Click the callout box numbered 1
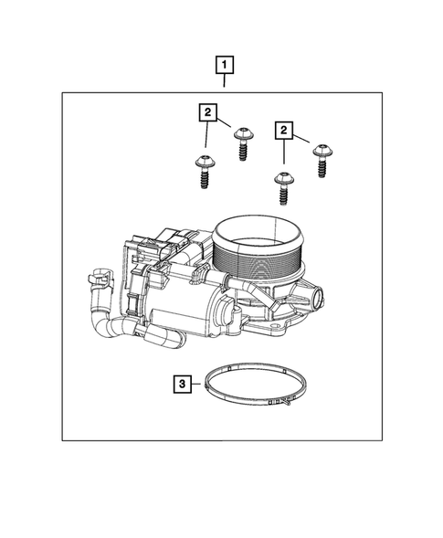(x=223, y=66)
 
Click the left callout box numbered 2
(x=209, y=112)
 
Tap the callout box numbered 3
(x=184, y=385)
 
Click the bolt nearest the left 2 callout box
(x=242, y=142)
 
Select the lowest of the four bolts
(x=282, y=190)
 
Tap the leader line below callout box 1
(x=223, y=82)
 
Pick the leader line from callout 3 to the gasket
(x=199, y=385)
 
